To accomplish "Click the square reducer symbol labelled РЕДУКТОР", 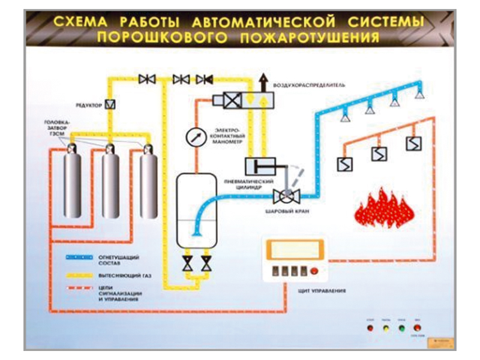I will coord(110,104).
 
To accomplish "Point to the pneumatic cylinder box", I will coord(259,166).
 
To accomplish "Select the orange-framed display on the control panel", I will coord(294,249).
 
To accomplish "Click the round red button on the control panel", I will coord(315,272).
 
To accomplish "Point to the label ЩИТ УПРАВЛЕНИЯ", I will coord(320,292).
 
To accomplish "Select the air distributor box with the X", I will coord(232,100).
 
